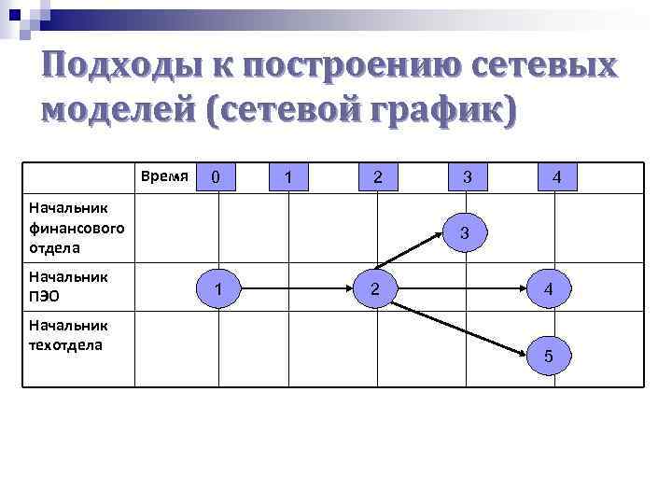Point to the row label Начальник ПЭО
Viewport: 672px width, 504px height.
[68, 286]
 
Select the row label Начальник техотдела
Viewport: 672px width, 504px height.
[68, 334]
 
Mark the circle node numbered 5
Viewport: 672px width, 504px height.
[548, 355]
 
